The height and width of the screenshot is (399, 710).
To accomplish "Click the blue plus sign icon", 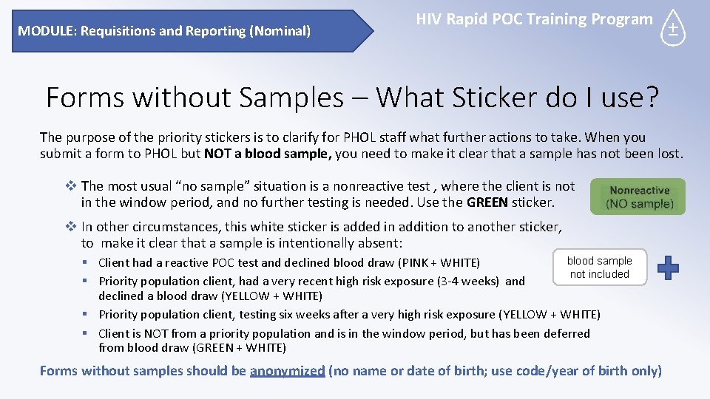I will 668,267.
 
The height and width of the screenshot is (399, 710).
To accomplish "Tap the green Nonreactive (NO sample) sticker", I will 638,197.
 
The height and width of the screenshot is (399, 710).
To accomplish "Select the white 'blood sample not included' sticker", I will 599,267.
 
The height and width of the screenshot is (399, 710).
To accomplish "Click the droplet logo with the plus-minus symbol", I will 673,28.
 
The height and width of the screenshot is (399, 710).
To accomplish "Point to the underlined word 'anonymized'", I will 288,371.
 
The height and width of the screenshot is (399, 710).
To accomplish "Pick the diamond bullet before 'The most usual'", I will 71,186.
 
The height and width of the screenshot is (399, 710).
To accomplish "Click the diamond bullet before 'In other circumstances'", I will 71,227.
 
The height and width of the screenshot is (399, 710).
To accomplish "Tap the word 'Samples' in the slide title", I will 288,98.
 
